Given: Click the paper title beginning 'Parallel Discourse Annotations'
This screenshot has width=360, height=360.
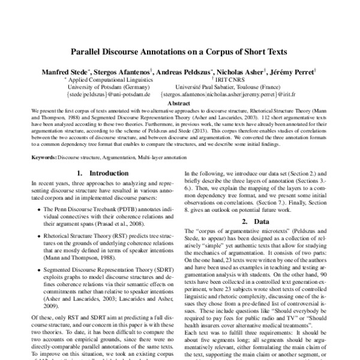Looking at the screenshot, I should (180, 52).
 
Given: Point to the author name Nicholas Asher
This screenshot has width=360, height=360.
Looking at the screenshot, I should (245, 72).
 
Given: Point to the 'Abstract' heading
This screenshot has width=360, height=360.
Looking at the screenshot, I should (180, 103).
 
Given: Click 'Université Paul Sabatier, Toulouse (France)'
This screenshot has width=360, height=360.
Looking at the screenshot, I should (235, 87).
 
